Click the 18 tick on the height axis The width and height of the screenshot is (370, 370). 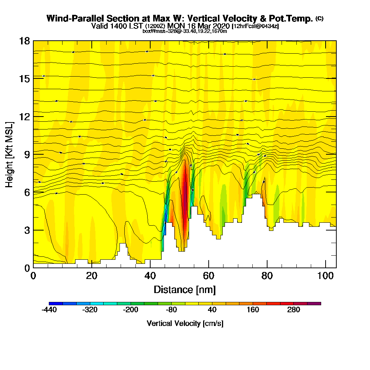pos(25,41)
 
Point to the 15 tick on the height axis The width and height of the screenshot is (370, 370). pos(25,78)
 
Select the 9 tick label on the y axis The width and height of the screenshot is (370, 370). pos(27,154)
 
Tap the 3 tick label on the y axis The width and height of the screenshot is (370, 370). pos(27,230)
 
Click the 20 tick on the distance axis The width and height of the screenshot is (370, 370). pos(91,276)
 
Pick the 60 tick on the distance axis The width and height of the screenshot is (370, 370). pos(208,276)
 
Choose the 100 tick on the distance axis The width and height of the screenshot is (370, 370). pos(325,276)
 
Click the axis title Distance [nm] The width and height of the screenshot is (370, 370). pos(185,289)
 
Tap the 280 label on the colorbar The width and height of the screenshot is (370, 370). pos(294,310)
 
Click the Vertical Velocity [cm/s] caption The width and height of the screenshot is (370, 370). pos(185,323)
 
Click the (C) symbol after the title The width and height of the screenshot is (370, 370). pos(319,18)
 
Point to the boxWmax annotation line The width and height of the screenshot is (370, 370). pos(185,31)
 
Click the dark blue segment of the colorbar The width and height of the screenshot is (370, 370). pos(55,303)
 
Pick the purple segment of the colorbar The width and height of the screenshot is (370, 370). pos(314,303)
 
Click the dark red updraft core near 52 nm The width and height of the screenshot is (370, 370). pos(185,192)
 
